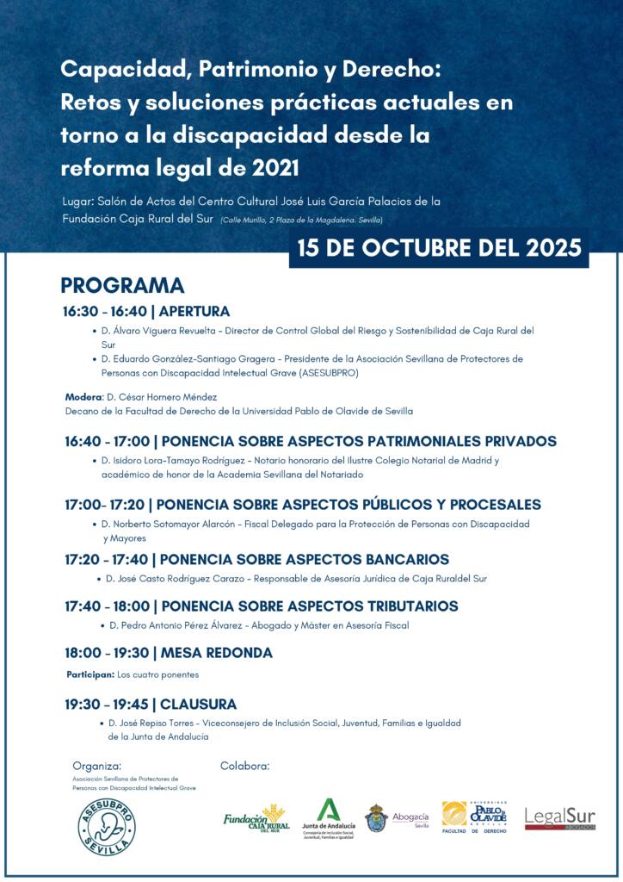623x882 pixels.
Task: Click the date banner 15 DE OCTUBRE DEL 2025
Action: point(439,248)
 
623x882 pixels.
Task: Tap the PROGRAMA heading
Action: point(122,286)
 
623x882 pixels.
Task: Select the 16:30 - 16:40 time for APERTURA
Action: point(104,312)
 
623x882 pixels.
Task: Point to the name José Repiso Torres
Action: point(152,723)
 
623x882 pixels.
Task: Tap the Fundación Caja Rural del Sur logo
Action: point(256,816)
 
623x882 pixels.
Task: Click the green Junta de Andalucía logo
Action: point(328,818)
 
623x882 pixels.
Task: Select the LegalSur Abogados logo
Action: point(559,819)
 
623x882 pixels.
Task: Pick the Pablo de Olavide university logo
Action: point(474,816)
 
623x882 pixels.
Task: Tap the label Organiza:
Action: point(96,765)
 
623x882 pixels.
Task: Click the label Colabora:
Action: point(245,765)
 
